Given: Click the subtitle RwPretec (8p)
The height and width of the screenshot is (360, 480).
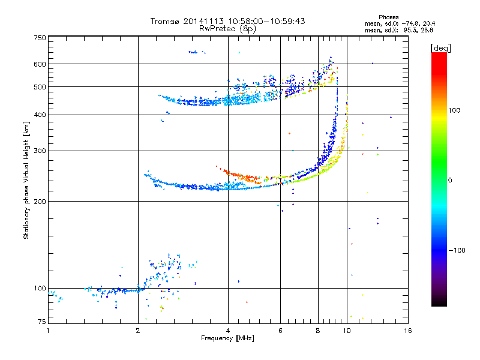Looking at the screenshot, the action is tap(227, 29).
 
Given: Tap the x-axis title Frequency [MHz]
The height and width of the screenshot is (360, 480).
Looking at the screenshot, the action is tap(227, 338).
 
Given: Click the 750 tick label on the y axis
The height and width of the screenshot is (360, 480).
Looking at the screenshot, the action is tap(40, 38).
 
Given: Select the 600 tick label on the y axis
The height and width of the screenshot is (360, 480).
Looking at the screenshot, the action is tap(40, 64).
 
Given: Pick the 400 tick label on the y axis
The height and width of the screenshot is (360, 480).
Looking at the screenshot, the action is tap(40, 115).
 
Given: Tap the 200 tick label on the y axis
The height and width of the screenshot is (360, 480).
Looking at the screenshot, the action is tap(40, 202).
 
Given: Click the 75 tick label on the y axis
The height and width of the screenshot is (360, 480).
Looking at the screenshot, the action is tap(42, 322).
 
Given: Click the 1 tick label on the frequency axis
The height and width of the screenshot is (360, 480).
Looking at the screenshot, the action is tap(48, 331).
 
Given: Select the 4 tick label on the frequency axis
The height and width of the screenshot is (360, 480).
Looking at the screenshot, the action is tap(228, 331).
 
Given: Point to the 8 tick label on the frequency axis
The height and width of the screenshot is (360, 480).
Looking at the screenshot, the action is tap(318, 331).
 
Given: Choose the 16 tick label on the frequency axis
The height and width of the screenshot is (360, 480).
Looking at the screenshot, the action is tap(408, 331).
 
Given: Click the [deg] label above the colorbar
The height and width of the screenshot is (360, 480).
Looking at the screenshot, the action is tap(440, 48).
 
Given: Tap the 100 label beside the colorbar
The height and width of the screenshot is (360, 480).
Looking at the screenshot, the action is tap(454, 110).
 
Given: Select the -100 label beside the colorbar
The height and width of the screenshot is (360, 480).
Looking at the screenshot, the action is tap(457, 250).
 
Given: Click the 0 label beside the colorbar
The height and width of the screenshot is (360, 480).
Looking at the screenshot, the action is tap(450, 181).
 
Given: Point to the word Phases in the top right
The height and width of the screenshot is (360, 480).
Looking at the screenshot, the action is tap(389, 17).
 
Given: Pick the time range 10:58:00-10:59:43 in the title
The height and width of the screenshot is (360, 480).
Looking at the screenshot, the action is tap(266, 21).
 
